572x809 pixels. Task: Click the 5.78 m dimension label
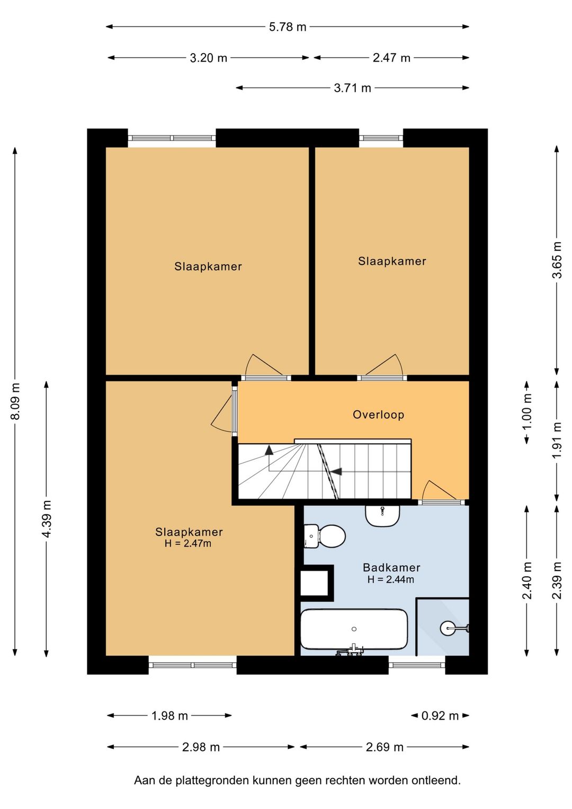point(288,27)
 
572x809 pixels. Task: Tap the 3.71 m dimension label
point(352,88)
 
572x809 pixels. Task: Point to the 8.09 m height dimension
point(15,401)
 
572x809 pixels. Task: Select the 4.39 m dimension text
point(47,518)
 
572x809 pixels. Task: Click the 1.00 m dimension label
point(528,412)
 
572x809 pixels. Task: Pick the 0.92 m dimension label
point(440,716)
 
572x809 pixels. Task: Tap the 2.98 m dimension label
point(201,747)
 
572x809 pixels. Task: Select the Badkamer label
point(391,567)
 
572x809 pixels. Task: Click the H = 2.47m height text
point(188,543)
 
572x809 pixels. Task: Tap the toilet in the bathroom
point(325,537)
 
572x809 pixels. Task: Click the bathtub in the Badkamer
point(354,629)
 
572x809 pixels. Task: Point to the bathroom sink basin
point(382,515)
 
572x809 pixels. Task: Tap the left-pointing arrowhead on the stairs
point(336,471)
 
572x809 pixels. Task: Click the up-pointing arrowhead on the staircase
point(269,450)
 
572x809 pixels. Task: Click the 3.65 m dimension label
point(557,260)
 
